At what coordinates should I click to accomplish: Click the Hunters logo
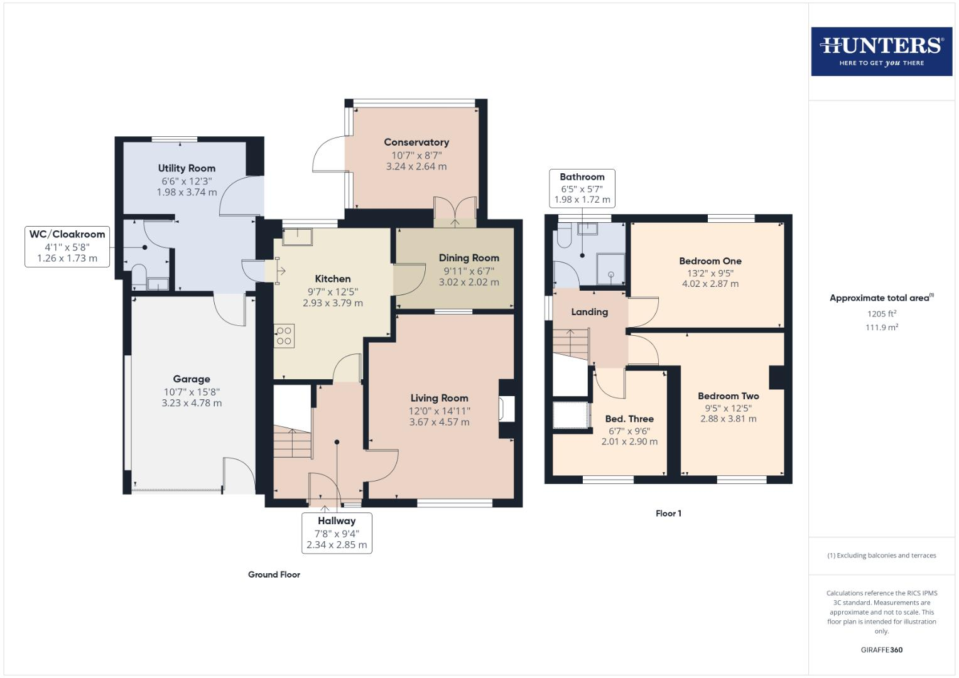[x=881, y=51]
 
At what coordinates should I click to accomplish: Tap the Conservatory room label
[x=416, y=143]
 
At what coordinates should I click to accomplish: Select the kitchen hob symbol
[x=284, y=335]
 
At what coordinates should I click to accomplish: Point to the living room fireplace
[x=507, y=409]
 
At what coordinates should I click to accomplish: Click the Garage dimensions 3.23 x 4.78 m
[x=192, y=403]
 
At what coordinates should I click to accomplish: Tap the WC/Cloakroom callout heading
[x=67, y=234]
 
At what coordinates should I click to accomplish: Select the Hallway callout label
[x=337, y=521]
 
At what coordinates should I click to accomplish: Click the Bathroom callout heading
[x=582, y=177]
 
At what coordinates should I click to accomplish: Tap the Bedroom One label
[x=710, y=261]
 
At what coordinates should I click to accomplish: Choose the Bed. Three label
[x=629, y=419]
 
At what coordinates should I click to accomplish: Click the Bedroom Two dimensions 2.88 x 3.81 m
[x=729, y=419]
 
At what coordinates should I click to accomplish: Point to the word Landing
[x=589, y=312]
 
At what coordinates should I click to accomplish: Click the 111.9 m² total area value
[x=882, y=327]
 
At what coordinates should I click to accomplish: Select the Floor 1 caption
[x=668, y=514]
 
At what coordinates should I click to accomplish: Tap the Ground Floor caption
[x=274, y=574]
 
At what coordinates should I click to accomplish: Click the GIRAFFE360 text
[x=881, y=650]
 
